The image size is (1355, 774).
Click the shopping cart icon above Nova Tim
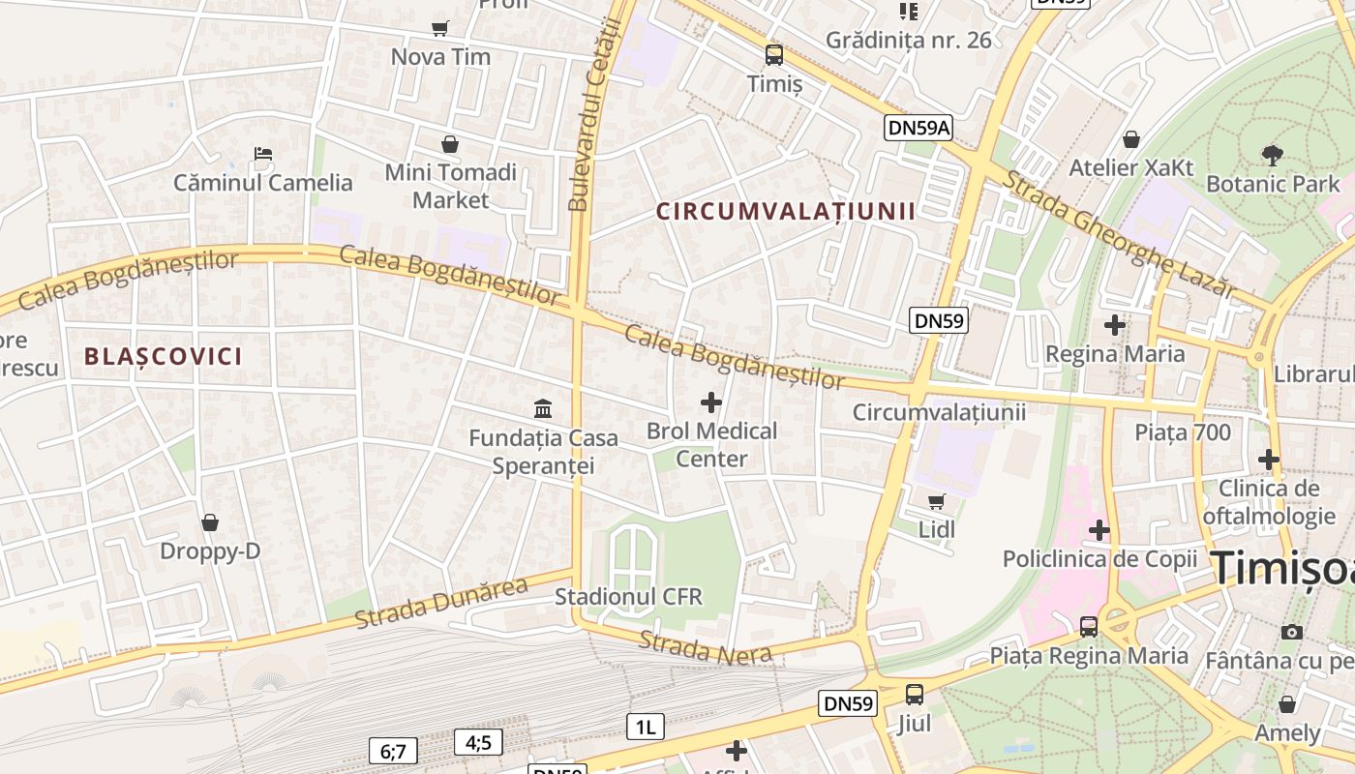[x=440, y=28]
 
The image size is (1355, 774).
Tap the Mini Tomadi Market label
[x=451, y=186]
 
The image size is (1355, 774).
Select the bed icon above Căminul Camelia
[x=263, y=153]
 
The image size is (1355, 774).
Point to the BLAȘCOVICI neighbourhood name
[x=163, y=356]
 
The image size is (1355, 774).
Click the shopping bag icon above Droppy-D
[x=210, y=522]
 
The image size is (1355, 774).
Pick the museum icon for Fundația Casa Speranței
[x=543, y=408]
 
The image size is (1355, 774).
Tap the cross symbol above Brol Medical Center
[x=711, y=402]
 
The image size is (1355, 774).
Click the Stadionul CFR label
[x=628, y=596]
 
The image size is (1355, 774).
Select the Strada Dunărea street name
[x=441, y=602]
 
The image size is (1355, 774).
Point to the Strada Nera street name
[x=706, y=648]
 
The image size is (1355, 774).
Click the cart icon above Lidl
[x=936, y=501]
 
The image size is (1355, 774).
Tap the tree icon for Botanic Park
[x=1273, y=154]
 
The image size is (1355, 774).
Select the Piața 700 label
[x=1183, y=432]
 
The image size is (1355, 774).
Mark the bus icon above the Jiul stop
[x=915, y=694]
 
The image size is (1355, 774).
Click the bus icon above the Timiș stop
[x=774, y=54]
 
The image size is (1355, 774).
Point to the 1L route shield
[x=646, y=727]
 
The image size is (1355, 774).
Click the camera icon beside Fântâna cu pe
[x=1292, y=632]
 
